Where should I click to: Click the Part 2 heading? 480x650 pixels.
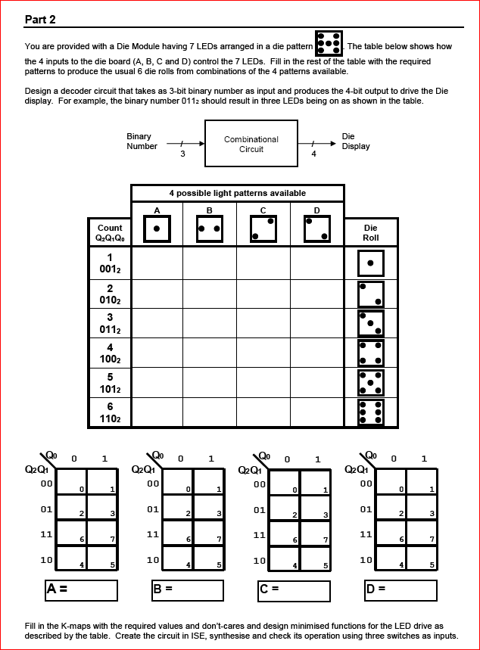pos(40,19)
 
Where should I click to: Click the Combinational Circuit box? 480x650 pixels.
pos(251,145)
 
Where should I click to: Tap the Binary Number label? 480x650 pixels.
pos(142,142)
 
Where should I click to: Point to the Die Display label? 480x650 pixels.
pos(356,142)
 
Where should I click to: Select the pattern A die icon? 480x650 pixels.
pos(157,229)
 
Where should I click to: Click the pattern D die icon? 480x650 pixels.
pos(317,229)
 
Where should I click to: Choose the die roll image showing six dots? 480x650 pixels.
pos(371,412)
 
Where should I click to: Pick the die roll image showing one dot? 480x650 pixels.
pos(371,263)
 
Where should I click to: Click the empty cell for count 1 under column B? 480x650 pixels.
pos(210,263)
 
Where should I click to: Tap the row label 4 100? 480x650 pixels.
pos(110,353)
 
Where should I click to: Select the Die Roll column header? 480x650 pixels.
pos(371,232)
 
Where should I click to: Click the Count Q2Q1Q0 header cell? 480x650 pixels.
pos(110,232)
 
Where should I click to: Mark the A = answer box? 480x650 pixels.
pos(81,590)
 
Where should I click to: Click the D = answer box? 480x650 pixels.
pos(401,590)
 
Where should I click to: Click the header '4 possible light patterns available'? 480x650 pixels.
pos(237,194)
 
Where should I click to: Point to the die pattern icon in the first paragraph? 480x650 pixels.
pos(329,44)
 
